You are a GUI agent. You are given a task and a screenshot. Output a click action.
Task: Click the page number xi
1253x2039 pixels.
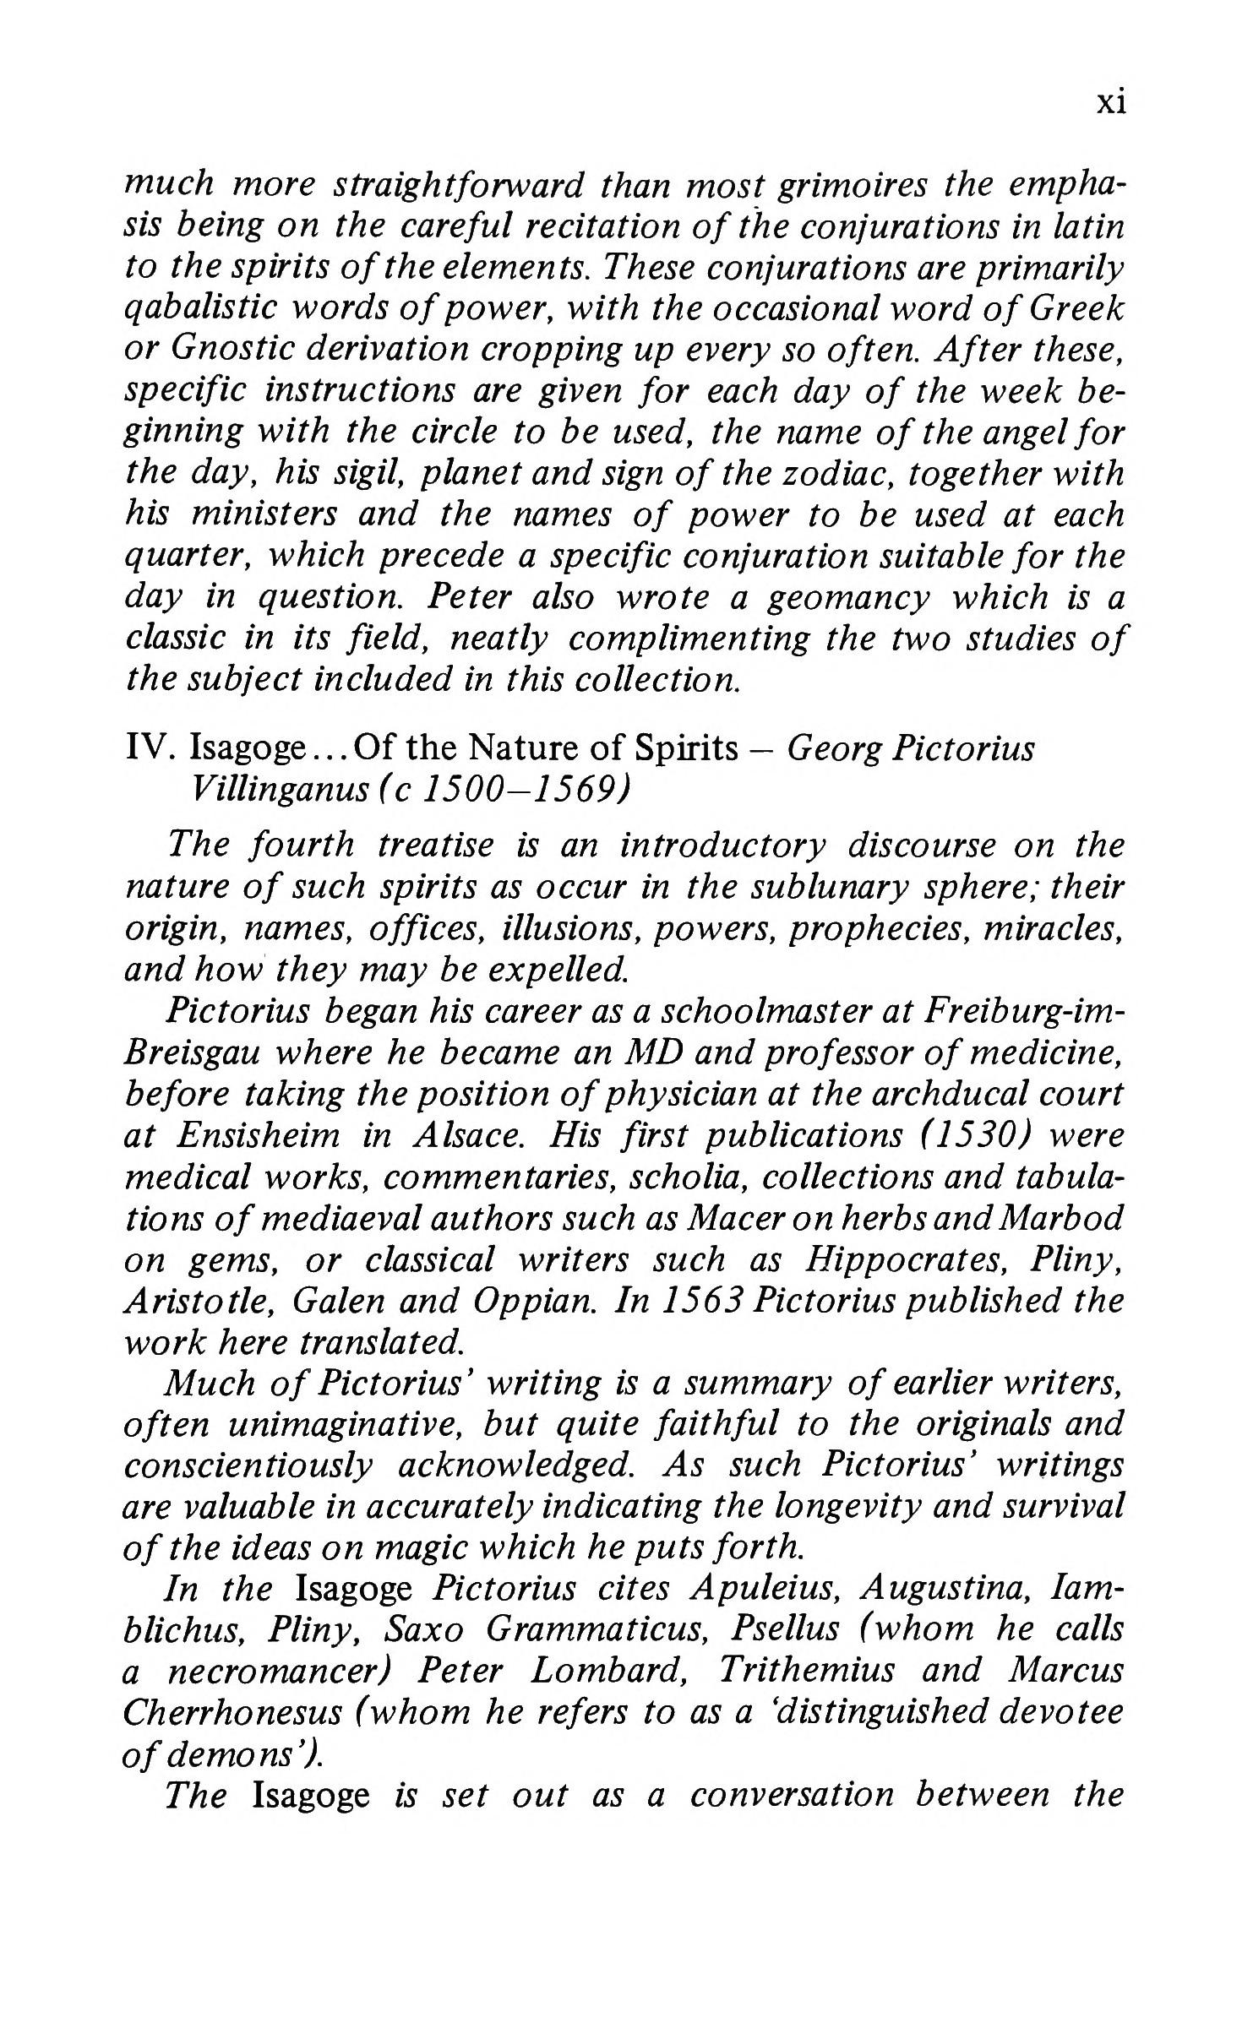click(x=1110, y=103)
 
